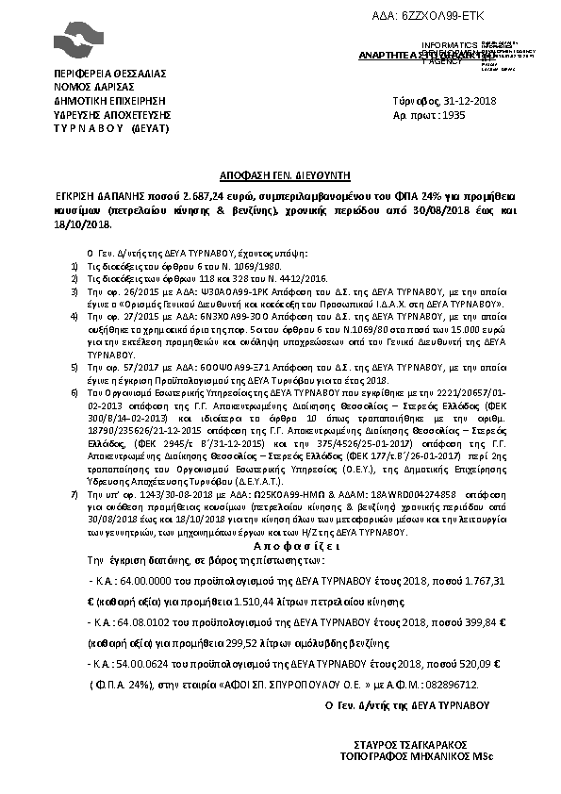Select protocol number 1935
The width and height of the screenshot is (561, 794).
click(x=454, y=114)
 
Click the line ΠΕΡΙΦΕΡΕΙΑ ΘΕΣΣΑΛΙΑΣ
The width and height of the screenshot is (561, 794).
click(x=110, y=73)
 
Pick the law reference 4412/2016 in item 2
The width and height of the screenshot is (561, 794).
click(x=261, y=280)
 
